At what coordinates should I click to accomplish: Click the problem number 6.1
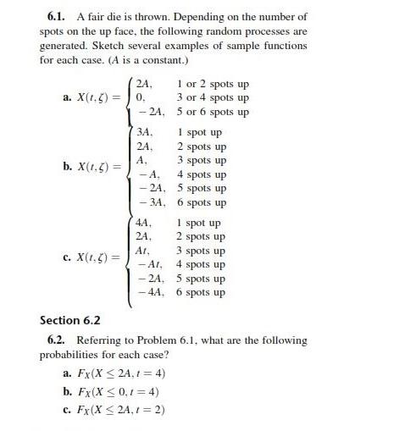[x=56, y=16]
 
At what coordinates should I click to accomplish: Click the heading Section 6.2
[x=70, y=320]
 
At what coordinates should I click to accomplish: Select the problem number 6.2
[x=56, y=340]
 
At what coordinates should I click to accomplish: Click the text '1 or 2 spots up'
[x=213, y=84]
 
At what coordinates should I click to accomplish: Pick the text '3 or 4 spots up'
[x=213, y=97]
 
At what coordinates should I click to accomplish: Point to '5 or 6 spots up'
[x=213, y=112]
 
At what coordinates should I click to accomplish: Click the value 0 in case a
[x=141, y=97]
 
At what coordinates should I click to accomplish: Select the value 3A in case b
[x=144, y=133]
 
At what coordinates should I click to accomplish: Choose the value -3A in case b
[x=147, y=202]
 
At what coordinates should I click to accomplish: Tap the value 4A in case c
[x=144, y=224]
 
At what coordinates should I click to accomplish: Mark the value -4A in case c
[x=147, y=292]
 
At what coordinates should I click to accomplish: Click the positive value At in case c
[x=143, y=251]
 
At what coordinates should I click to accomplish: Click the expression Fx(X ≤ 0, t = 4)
[x=116, y=391]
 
